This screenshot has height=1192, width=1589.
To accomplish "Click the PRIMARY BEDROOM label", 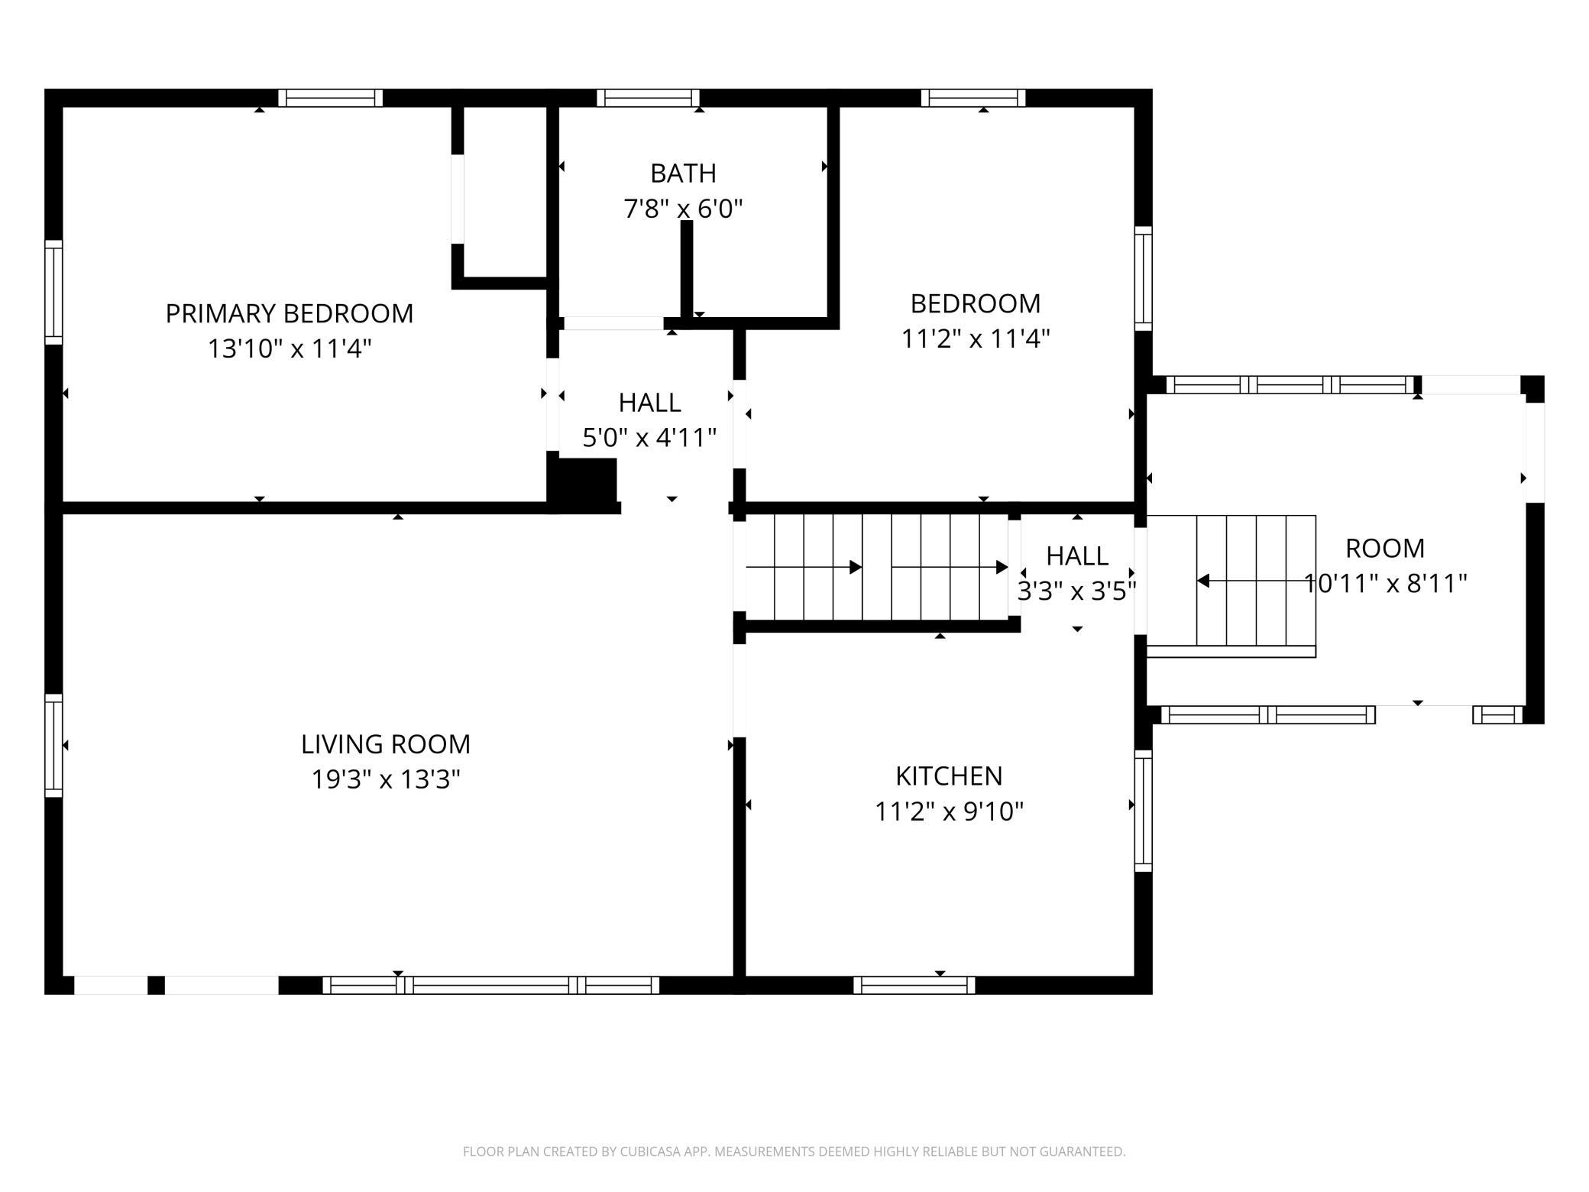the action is [x=290, y=313].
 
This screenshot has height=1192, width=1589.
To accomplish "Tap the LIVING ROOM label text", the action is [x=385, y=743].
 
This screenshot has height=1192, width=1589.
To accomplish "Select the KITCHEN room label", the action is [x=949, y=776].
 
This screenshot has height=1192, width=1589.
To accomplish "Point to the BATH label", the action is [x=683, y=173].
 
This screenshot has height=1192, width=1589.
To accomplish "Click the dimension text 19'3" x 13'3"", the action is [x=386, y=779].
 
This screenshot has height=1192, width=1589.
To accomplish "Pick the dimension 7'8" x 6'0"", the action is [x=683, y=208].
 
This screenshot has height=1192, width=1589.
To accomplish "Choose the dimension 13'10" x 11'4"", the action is [x=290, y=348].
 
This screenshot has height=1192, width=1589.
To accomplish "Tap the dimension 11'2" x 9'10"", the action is [x=949, y=811].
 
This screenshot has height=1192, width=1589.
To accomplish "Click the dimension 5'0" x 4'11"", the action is [x=649, y=438].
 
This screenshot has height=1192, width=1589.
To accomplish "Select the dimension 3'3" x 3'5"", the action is [x=1077, y=591].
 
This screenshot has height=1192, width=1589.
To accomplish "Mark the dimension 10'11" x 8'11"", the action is [x=1385, y=584].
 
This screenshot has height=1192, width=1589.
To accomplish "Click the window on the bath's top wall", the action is [x=648, y=98].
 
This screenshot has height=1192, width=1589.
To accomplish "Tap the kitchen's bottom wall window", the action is [x=914, y=985].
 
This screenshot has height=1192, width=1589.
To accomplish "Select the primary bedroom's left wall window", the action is [x=53, y=292].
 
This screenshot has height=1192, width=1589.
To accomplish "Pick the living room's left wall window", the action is [x=53, y=746].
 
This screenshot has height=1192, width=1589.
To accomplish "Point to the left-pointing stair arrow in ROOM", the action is [x=1256, y=581].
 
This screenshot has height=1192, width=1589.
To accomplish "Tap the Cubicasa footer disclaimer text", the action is [x=794, y=1152].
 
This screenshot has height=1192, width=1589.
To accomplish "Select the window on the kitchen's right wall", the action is [x=1143, y=811].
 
